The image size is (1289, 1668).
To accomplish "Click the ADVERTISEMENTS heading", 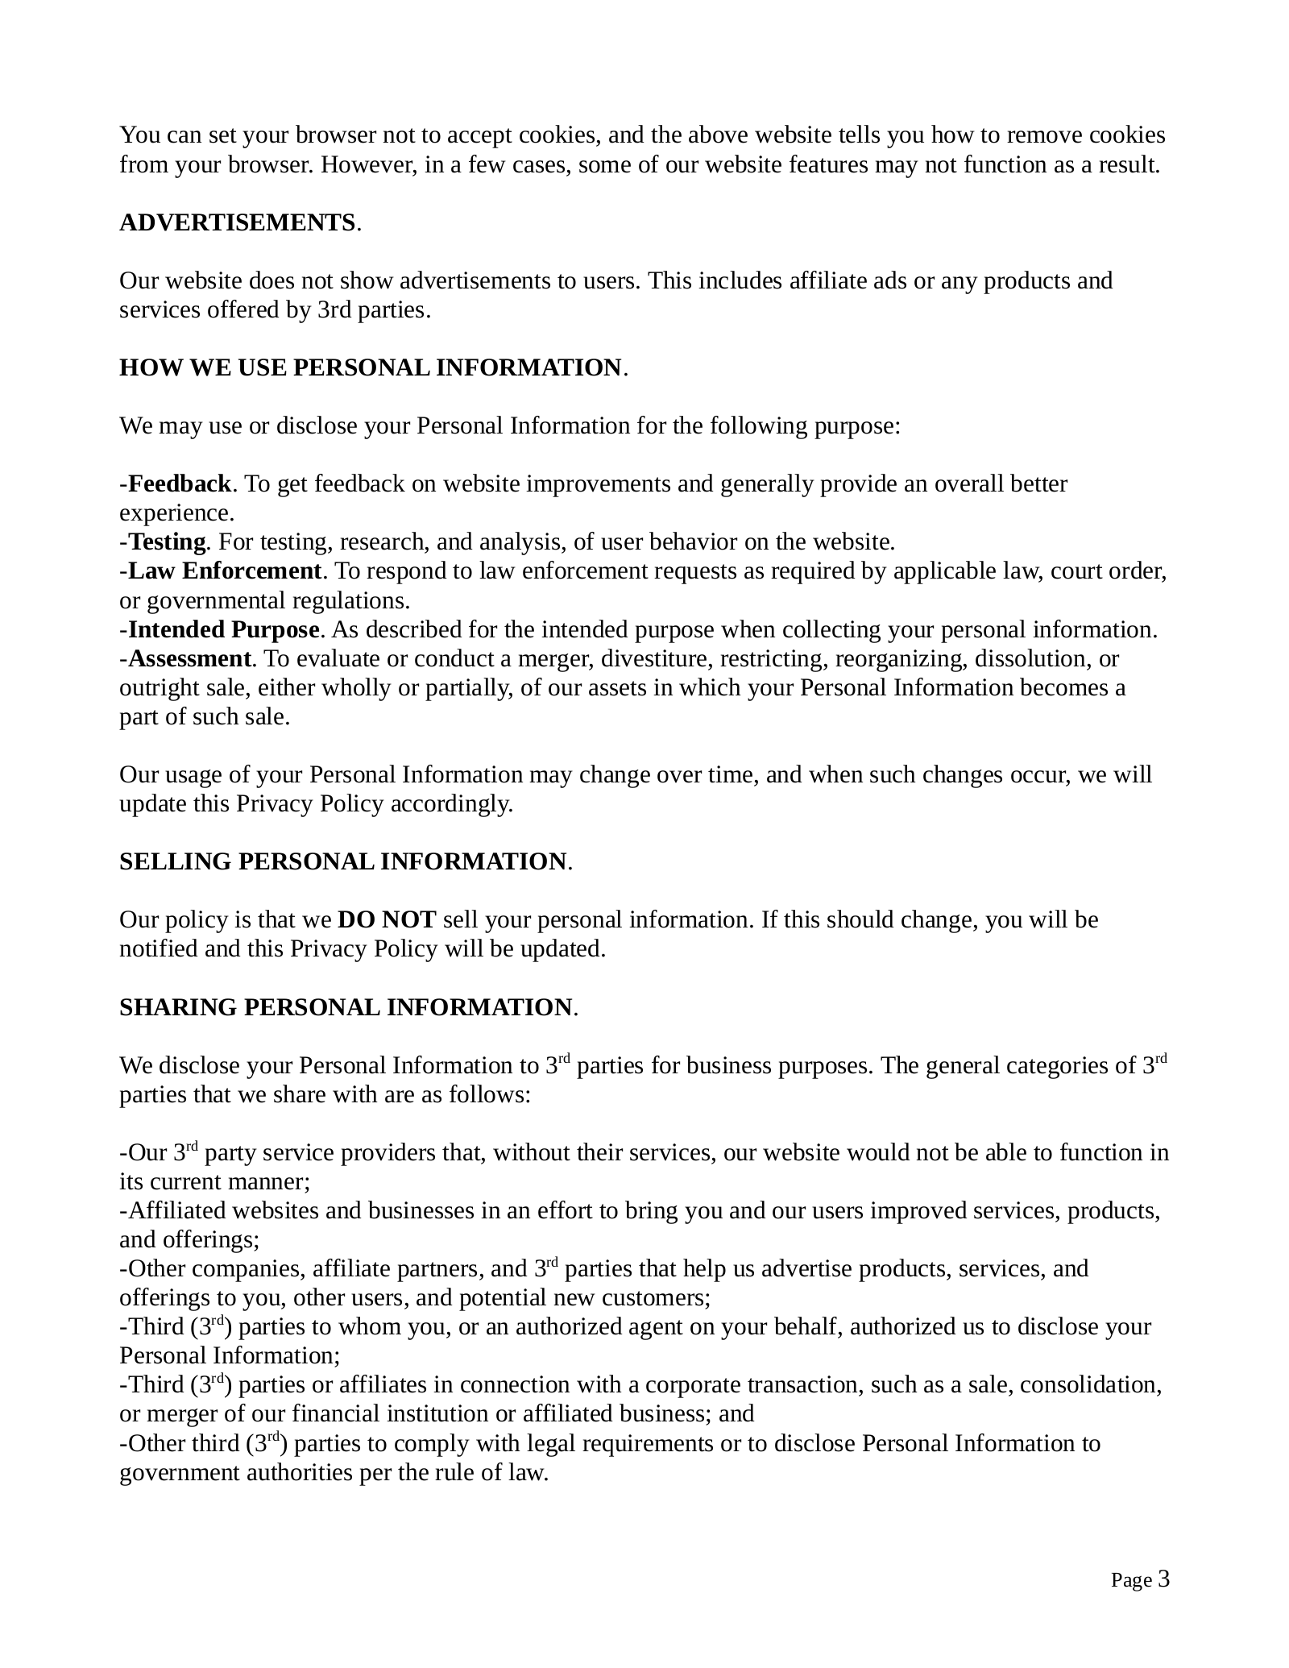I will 238,223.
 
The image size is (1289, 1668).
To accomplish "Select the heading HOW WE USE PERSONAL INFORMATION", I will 371,368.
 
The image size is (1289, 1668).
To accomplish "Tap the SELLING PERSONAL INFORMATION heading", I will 343,862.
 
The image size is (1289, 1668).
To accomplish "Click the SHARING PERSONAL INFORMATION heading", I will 346,1008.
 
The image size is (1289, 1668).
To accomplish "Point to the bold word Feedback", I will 180,484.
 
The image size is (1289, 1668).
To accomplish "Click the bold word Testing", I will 167,542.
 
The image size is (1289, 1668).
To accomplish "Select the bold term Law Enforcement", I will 225,571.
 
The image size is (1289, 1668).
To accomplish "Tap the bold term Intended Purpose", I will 224,629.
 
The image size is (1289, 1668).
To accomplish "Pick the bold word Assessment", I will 190,659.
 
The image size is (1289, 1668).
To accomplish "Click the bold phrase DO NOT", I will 387,920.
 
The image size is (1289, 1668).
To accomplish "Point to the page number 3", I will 1163,1579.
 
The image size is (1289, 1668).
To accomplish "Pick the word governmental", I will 213,601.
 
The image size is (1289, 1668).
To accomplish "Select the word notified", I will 159,949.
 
